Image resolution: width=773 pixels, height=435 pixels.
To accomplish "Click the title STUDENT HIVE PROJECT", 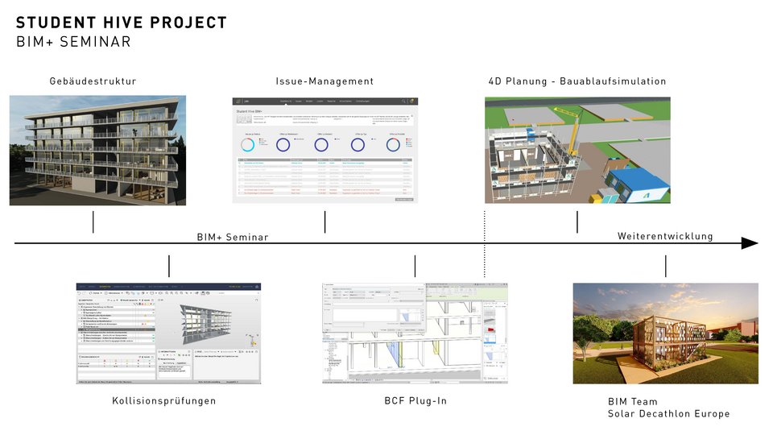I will pos(122,23).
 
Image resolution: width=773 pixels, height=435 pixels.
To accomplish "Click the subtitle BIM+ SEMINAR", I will pos(73,42).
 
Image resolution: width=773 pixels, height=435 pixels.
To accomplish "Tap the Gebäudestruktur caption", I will pos(93,81).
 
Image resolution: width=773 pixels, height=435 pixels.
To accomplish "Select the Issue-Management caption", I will pos(324,81).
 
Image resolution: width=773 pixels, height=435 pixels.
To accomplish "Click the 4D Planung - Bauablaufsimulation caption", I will pos(577,81).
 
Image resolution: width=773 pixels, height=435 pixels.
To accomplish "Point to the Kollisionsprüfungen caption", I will pos(163,400).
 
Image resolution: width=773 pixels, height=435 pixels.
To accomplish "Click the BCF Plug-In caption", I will pos(415,400).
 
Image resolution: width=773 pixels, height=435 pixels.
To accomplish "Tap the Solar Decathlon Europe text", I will pos(668,414).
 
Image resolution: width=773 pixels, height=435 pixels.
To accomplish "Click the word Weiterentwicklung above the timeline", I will pos(665,236).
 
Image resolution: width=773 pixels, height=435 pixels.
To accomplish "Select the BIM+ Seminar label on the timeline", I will pos(233,237).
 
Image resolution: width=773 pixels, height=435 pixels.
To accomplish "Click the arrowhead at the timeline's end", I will pos(750,243).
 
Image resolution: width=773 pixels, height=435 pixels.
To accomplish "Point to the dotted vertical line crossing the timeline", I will pos(485,242).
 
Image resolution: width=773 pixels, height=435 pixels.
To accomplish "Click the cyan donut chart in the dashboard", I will pos(247,145).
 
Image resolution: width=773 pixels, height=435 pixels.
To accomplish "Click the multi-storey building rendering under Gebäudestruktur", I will pos(98,151).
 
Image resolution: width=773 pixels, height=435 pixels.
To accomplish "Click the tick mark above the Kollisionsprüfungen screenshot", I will pos(169,266).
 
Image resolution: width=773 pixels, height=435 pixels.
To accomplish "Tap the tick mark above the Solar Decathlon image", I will pos(666,266).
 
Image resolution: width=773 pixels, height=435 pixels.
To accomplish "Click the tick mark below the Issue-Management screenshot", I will pos(324,222).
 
